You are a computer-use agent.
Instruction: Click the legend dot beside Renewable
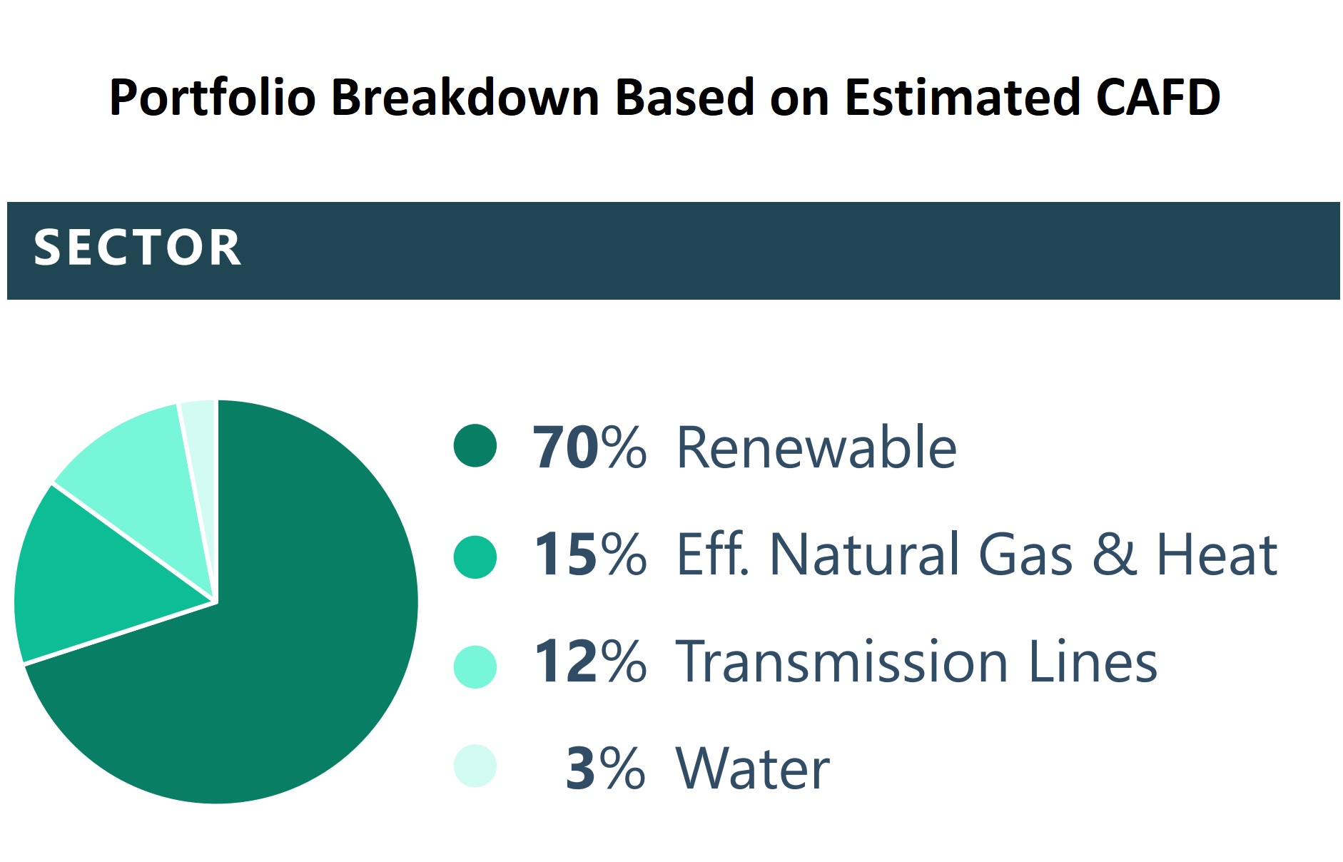[x=475, y=446]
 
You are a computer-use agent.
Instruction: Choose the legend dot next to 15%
[x=475, y=557]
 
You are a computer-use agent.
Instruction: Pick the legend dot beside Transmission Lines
[x=475, y=666]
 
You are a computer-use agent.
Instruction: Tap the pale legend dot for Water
[x=475, y=766]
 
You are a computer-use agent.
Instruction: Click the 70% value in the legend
[x=589, y=448]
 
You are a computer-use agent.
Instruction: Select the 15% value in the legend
[x=589, y=555]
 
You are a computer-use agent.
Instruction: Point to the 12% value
[x=589, y=662]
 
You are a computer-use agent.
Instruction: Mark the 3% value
[x=604, y=769]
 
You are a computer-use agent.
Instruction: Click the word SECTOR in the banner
[x=137, y=248]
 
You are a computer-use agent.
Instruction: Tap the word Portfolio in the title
[x=212, y=98]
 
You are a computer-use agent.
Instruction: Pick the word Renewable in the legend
[x=816, y=448]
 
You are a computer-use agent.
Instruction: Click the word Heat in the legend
[x=1216, y=555]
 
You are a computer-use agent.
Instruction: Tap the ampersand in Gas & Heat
[x=1114, y=555]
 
